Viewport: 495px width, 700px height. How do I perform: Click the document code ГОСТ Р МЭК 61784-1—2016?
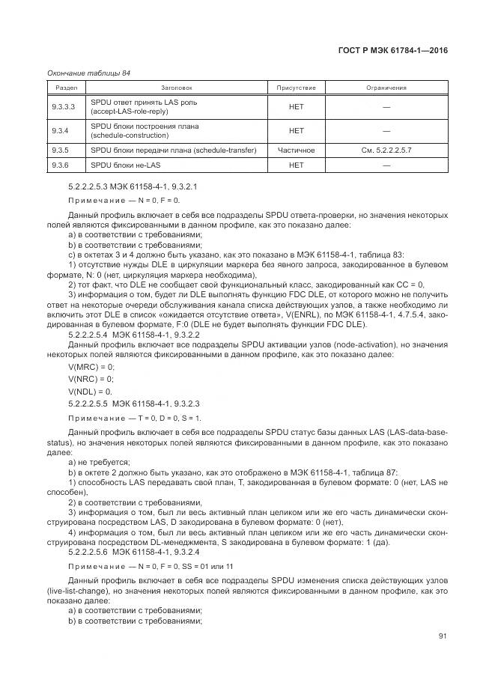click(x=394, y=51)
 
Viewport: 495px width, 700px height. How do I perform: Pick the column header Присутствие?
click(x=296, y=88)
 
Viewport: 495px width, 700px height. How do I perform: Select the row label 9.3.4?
click(x=60, y=131)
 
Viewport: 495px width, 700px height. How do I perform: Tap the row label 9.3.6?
click(x=60, y=164)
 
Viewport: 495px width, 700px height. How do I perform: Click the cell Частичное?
click(x=296, y=150)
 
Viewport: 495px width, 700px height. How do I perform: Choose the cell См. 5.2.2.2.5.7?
click(x=386, y=150)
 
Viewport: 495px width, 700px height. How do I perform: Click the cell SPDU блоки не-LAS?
click(x=125, y=164)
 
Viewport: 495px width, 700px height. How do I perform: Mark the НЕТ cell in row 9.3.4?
click(x=296, y=131)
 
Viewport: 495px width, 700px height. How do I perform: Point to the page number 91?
click(x=443, y=636)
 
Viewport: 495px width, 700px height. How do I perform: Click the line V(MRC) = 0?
click(x=91, y=367)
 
